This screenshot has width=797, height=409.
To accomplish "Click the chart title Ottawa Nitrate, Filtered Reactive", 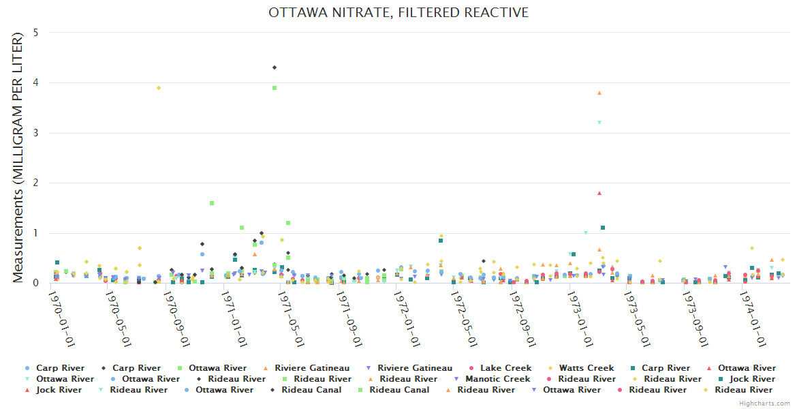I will click(x=398, y=13).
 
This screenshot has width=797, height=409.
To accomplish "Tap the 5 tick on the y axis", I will click(x=35, y=33).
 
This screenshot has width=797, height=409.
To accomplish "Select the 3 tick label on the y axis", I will click(x=35, y=133).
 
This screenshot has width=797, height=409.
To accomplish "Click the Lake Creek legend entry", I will click(x=506, y=368).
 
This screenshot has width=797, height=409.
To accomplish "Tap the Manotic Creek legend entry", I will click(x=497, y=379).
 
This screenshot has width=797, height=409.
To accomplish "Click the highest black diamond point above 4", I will click(x=275, y=67).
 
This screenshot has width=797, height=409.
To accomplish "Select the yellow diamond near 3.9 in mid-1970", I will click(x=159, y=88).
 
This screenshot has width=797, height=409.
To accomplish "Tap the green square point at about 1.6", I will click(x=212, y=203).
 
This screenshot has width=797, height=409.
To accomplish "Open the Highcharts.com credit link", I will click(x=765, y=404).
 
